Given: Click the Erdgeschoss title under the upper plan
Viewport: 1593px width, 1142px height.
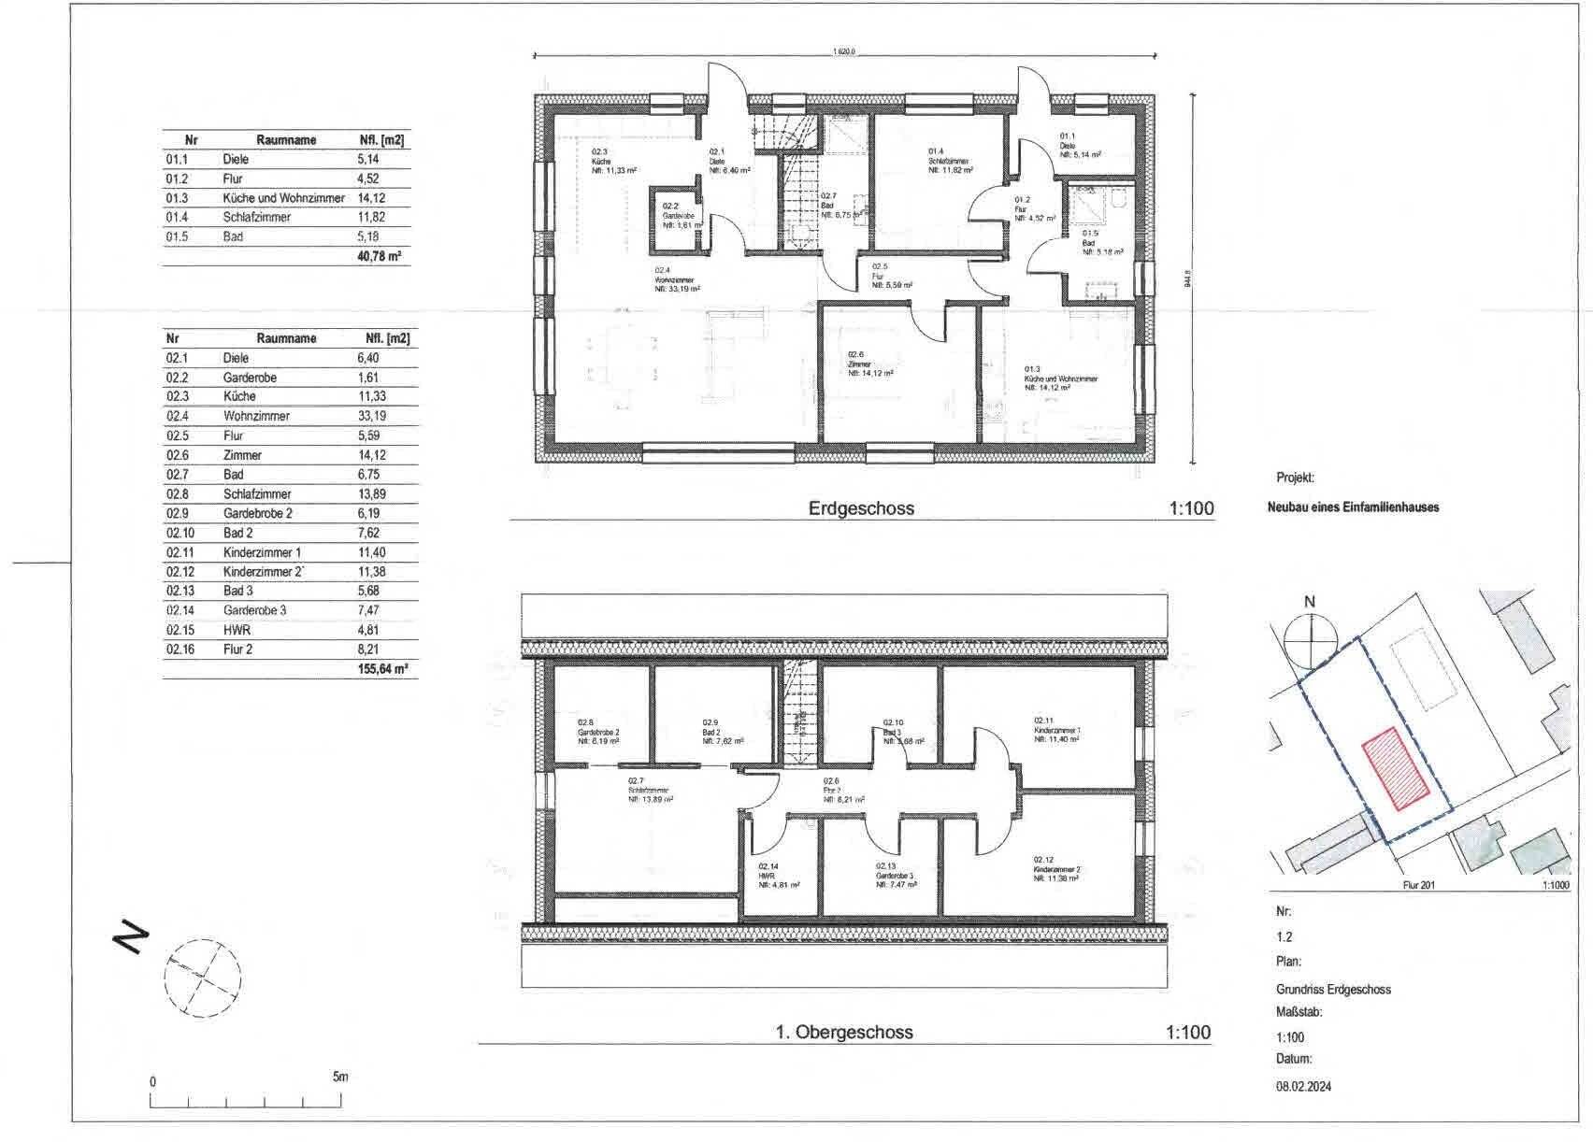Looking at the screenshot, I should [x=860, y=508].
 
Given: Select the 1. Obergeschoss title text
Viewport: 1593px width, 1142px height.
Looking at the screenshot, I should [x=843, y=1033].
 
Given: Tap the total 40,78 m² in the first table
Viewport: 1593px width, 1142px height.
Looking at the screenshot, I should [x=380, y=256].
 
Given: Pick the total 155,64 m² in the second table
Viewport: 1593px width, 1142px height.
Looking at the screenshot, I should [x=382, y=669].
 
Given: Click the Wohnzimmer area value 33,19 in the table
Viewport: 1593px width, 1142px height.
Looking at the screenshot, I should [x=371, y=416].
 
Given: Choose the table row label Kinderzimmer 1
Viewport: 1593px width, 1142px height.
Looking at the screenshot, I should [x=262, y=552].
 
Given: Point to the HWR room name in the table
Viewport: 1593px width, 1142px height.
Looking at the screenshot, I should [x=237, y=630].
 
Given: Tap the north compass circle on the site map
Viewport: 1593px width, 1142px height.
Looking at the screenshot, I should [x=1310, y=638].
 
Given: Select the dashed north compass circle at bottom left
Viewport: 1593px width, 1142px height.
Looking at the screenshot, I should [x=203, y=978].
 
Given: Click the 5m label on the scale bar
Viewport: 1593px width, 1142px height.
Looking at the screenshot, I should [x=339, y=1077].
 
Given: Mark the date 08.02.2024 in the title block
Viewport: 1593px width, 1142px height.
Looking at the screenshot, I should [x=1303, y=1086].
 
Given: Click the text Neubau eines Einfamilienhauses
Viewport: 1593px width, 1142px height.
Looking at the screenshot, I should [x=1353, y=507].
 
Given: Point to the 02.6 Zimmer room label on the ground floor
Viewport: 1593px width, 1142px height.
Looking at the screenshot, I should [x=870, y=364].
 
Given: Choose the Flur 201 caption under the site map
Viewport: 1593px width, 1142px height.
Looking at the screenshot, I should [x=1418, y=884].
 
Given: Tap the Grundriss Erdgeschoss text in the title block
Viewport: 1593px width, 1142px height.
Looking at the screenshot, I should [x=1333, y=989].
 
